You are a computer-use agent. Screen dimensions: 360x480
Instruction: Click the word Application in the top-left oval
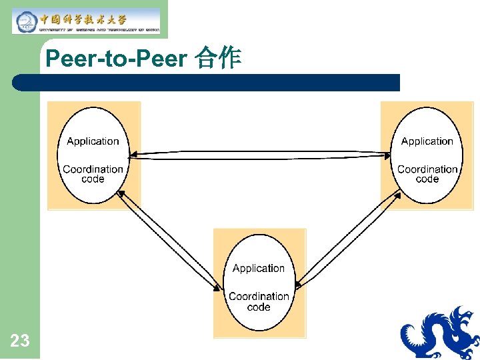pyautogui.click(x=93, y=141)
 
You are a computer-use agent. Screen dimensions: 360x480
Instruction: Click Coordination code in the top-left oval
pyautogui.click(x=93, y=174)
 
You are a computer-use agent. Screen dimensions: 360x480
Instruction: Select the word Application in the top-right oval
pyautogui.click(x=427, y=141)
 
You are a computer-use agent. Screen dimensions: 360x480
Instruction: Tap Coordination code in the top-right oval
pyautogui.click(x=427, y=174)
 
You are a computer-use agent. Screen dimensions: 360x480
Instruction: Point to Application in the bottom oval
pyautogui.click(x=259, y=269)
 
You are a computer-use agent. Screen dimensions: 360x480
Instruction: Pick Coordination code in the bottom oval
pyautogui.click(x=259, y=301)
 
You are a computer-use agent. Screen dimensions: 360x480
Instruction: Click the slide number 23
pyautogui.click(x=20, y=341)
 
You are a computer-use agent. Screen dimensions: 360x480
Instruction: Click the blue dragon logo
pyautogui.click(x=439, y=333)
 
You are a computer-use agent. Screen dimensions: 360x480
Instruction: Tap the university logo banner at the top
pyautogui.click(x=87, y=21)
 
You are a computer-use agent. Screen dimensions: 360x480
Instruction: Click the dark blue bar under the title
pyautogui.click(x=207, y=83)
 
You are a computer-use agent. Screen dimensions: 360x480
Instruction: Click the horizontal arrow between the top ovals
pyautogui.click(x=260, y=155)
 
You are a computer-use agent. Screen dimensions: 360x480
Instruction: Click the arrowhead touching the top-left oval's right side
pyautogui.click(x=133, y=155)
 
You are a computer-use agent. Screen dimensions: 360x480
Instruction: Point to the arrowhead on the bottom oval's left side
pyautogui.click(x=218, y=288)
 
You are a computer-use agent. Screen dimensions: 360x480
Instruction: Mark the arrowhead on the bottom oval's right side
pyautogui.click(x=298, y=285)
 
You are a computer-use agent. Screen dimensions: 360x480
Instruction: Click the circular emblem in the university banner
pyautogui.click(x=25, y=21)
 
